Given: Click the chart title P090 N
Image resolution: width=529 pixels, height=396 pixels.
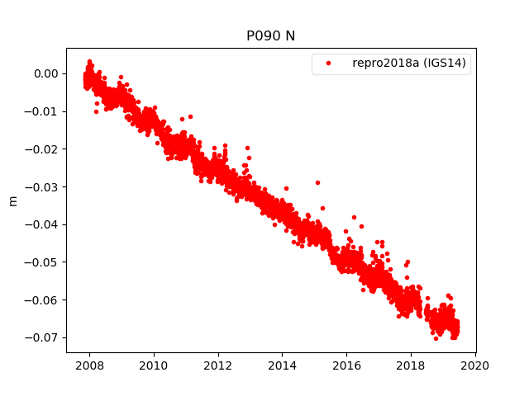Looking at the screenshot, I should (x=270, y=36).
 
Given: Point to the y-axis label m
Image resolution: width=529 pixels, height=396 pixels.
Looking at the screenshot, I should (x=12, y=200).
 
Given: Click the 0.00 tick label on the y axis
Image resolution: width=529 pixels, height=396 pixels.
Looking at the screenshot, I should (x=46, y=73).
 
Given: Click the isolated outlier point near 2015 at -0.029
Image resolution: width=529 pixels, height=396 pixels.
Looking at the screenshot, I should (x=317, y=182).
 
